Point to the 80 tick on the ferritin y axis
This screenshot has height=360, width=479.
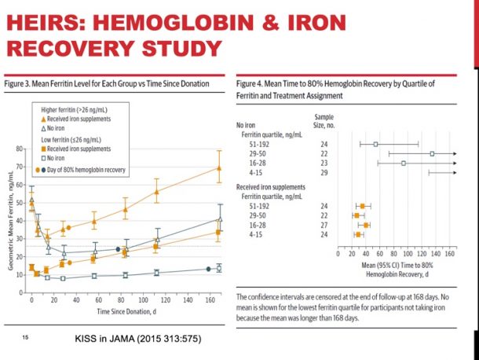click(19, 148)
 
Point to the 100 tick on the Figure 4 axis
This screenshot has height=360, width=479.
click(408, 254)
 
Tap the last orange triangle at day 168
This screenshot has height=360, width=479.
click(219, 167)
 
